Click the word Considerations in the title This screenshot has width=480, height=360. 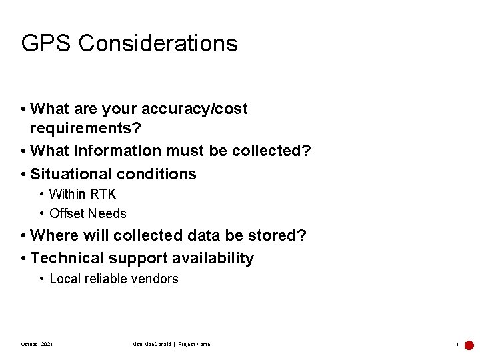pos(158,43)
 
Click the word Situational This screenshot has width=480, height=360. pos(71,174)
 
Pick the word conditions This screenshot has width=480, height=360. pos(157,174)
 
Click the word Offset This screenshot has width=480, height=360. pos(67,213)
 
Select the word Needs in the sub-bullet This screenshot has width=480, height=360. pos(107,213)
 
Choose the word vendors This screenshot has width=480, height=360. pos(156,279)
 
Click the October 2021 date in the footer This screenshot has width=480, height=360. pos(37,344)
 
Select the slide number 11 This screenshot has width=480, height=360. pos(455,344)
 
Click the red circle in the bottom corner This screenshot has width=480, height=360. pos(469,345)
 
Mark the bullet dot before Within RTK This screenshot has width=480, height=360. pos(42,194)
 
